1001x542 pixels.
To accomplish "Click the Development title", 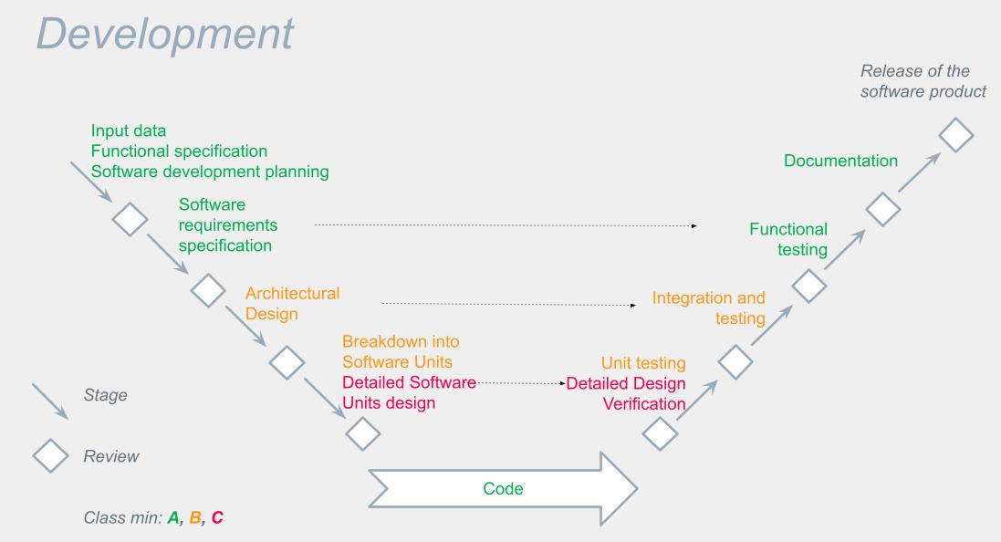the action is (165, 35).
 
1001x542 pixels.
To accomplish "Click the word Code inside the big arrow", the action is (503, 488).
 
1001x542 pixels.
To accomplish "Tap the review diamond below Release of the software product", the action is (955, 135).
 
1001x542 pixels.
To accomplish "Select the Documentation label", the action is (840, 161).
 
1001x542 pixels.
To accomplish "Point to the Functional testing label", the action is (788, 239).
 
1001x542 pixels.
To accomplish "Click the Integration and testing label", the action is (709, 307).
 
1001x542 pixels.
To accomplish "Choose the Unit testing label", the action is (643, 362).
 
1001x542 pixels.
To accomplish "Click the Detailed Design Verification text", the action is (626, 393).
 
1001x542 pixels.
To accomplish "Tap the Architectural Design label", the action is (292, 303).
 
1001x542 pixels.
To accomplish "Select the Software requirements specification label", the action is (228, 224).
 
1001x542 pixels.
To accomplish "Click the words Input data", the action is (129, 130).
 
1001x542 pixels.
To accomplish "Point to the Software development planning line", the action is (210, 172).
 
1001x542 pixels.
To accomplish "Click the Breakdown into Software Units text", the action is (401, 352).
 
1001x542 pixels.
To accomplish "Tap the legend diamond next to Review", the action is (50, 456).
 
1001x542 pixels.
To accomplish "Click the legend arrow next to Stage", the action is (50, 401).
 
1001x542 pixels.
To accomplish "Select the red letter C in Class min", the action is (217, 517).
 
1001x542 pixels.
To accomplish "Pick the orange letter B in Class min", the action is (195, 517).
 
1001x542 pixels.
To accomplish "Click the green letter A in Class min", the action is (173, 517).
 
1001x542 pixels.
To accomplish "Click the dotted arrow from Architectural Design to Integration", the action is (509, 305).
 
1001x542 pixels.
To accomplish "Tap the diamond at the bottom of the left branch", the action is (362, 434).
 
